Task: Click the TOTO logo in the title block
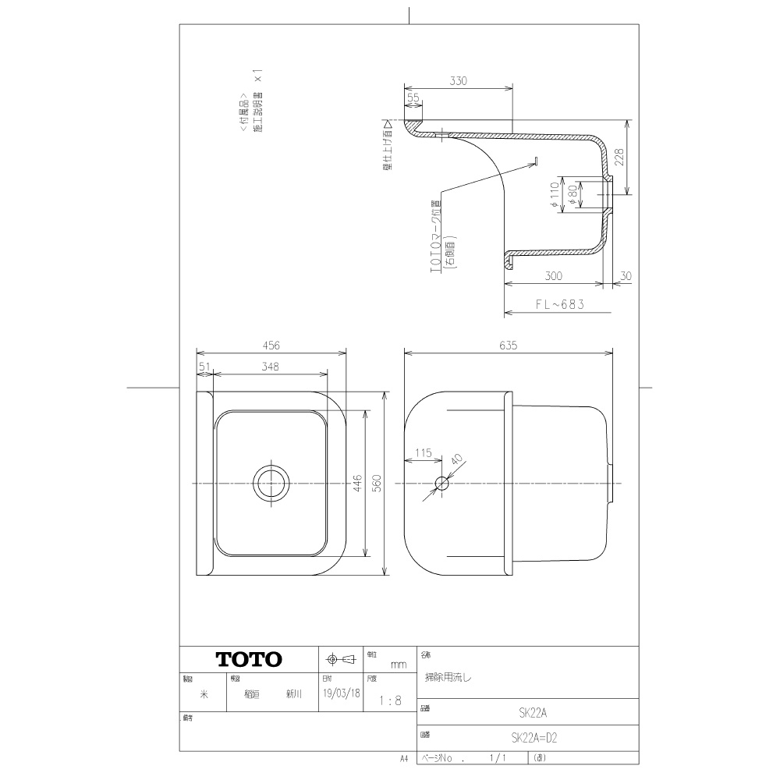(x=249, y=659)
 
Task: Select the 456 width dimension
(x=271, y=345)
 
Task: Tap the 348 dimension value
(x=271, y=365)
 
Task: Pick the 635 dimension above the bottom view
(x=509, y=345)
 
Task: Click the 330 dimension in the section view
(x=458, y=81)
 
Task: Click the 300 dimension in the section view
(x=555, y=277)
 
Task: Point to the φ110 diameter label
(x=553, y=194)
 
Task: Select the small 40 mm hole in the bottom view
(x=442, y=484)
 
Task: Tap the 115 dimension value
(x=424, y=452)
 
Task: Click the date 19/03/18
(x=341, y=691)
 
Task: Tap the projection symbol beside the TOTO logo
(x=340, y=659)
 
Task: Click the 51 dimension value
(x=204, y=365)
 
